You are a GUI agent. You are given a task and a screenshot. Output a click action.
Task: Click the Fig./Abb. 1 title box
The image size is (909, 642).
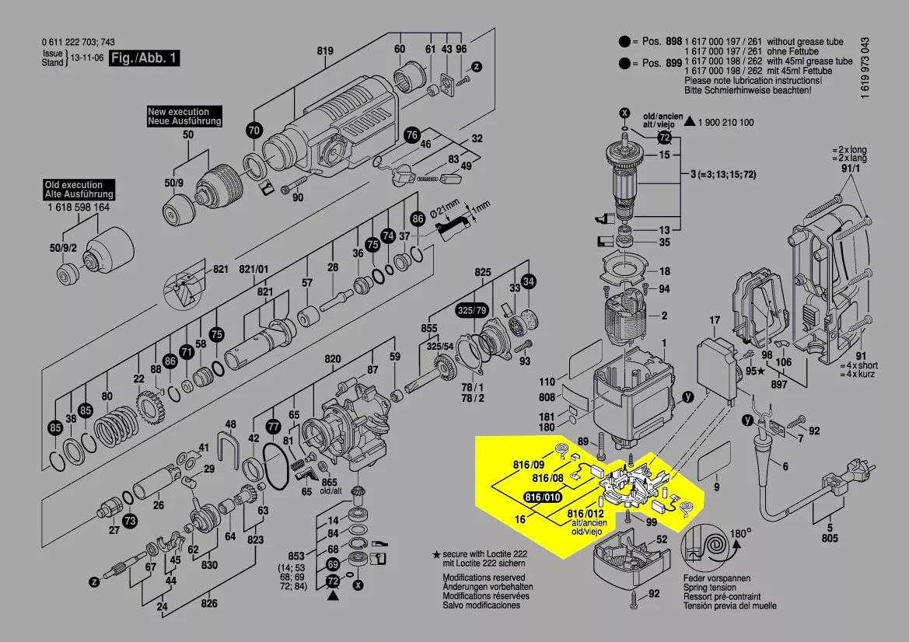coord(145,59)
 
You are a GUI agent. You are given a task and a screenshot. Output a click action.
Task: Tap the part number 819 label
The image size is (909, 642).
coord(324,52)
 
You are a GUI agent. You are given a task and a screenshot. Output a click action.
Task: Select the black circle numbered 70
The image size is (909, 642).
coord(254,131)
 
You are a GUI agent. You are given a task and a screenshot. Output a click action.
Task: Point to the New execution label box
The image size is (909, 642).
coord(184,117)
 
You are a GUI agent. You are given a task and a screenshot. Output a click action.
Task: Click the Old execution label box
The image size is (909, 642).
coord(79,190)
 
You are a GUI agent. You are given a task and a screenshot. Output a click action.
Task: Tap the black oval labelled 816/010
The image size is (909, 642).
coord(542,497)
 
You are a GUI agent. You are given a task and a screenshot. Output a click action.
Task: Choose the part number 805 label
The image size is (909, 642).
coord(829,537)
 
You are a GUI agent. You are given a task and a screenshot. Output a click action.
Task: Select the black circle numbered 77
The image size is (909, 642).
coord(273,427)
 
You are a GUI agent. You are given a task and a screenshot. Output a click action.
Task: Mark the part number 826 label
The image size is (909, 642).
coord(209,602)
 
